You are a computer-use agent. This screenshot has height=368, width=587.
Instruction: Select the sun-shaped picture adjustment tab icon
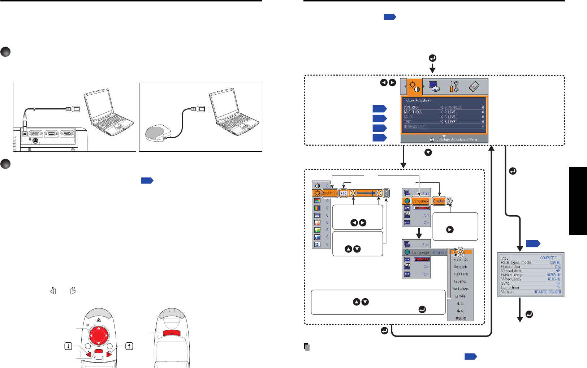pyautogui.click(x=413, y=87)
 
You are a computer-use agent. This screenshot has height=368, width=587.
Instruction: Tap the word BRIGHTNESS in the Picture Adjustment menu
pyautogui.click(x=413, y=112)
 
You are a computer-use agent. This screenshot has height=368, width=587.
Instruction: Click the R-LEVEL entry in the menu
pyautogui.click(x=451, y=112)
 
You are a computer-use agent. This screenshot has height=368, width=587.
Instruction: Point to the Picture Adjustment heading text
pyautogui.click(x=418, y=100)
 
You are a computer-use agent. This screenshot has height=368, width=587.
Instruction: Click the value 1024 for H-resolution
pyautogui.click(x=557, y=267)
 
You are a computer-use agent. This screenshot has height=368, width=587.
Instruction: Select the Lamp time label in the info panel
pyautogui.click(x=510, y=287)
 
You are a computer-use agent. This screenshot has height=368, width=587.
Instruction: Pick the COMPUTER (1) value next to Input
pyautogui.click(x=550, y=258)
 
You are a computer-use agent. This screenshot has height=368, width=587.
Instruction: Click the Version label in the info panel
pyautogui.click(x=507, y=291)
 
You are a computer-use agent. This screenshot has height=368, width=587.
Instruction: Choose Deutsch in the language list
pyautogui.click(x=461, y=267)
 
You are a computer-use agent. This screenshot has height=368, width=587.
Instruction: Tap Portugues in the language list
pyautogui.click(x=461, y=289)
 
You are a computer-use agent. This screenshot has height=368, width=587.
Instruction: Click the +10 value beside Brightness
pyautogui.click(x=344, y=193)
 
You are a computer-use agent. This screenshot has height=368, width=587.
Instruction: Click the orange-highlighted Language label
pyautogui.click(x=420, y=201)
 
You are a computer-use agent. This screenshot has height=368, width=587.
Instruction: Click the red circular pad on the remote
pyautogui.click(x=98, y=335)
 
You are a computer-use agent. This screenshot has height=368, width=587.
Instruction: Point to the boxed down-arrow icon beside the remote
pyautogui.click(x=68, y=346)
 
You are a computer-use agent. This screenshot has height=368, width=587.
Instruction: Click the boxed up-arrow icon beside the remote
pyautogui.click(x=129, y=346)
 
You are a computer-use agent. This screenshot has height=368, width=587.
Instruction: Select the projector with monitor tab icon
pyautogui.click(x=434, y=87)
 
